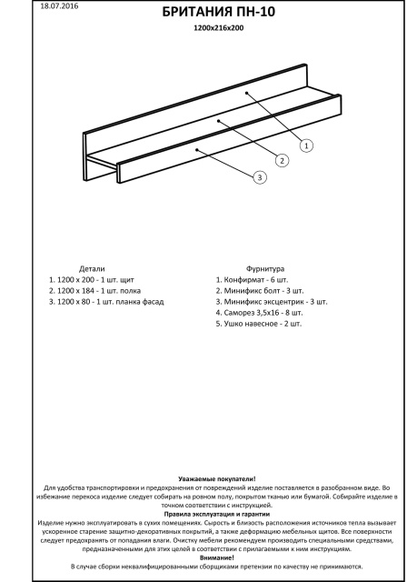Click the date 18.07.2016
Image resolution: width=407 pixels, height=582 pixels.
pyautogui.click(x=59, y=6)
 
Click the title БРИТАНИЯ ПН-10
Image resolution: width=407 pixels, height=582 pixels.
pyautogui.click(x=218, y=13)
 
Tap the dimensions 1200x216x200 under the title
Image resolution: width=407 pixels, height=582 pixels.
pyautogui.click(x=219, y=28)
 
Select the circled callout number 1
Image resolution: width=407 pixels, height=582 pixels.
pyautogui.click(x=306, y=145)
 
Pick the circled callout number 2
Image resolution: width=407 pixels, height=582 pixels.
pyautogui.click(x=282, y=161)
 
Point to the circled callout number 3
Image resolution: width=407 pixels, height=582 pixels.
pyautogui.click(x=260, y=177)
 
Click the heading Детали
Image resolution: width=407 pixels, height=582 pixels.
pyautogui.click(x=92, y=269)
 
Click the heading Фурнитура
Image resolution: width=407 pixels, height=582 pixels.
pyautogui.click(x=265, y=269)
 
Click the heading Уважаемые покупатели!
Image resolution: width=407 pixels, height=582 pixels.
pyautogui.click(x=217, y=479)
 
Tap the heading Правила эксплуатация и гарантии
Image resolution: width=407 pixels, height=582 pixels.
pyautogui.click(x=217, y=514)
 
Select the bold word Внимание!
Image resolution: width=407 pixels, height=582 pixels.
pyautogui.click(x=217, y=557)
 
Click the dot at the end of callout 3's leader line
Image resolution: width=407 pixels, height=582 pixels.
pyautogui.click(x=197, y=150)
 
